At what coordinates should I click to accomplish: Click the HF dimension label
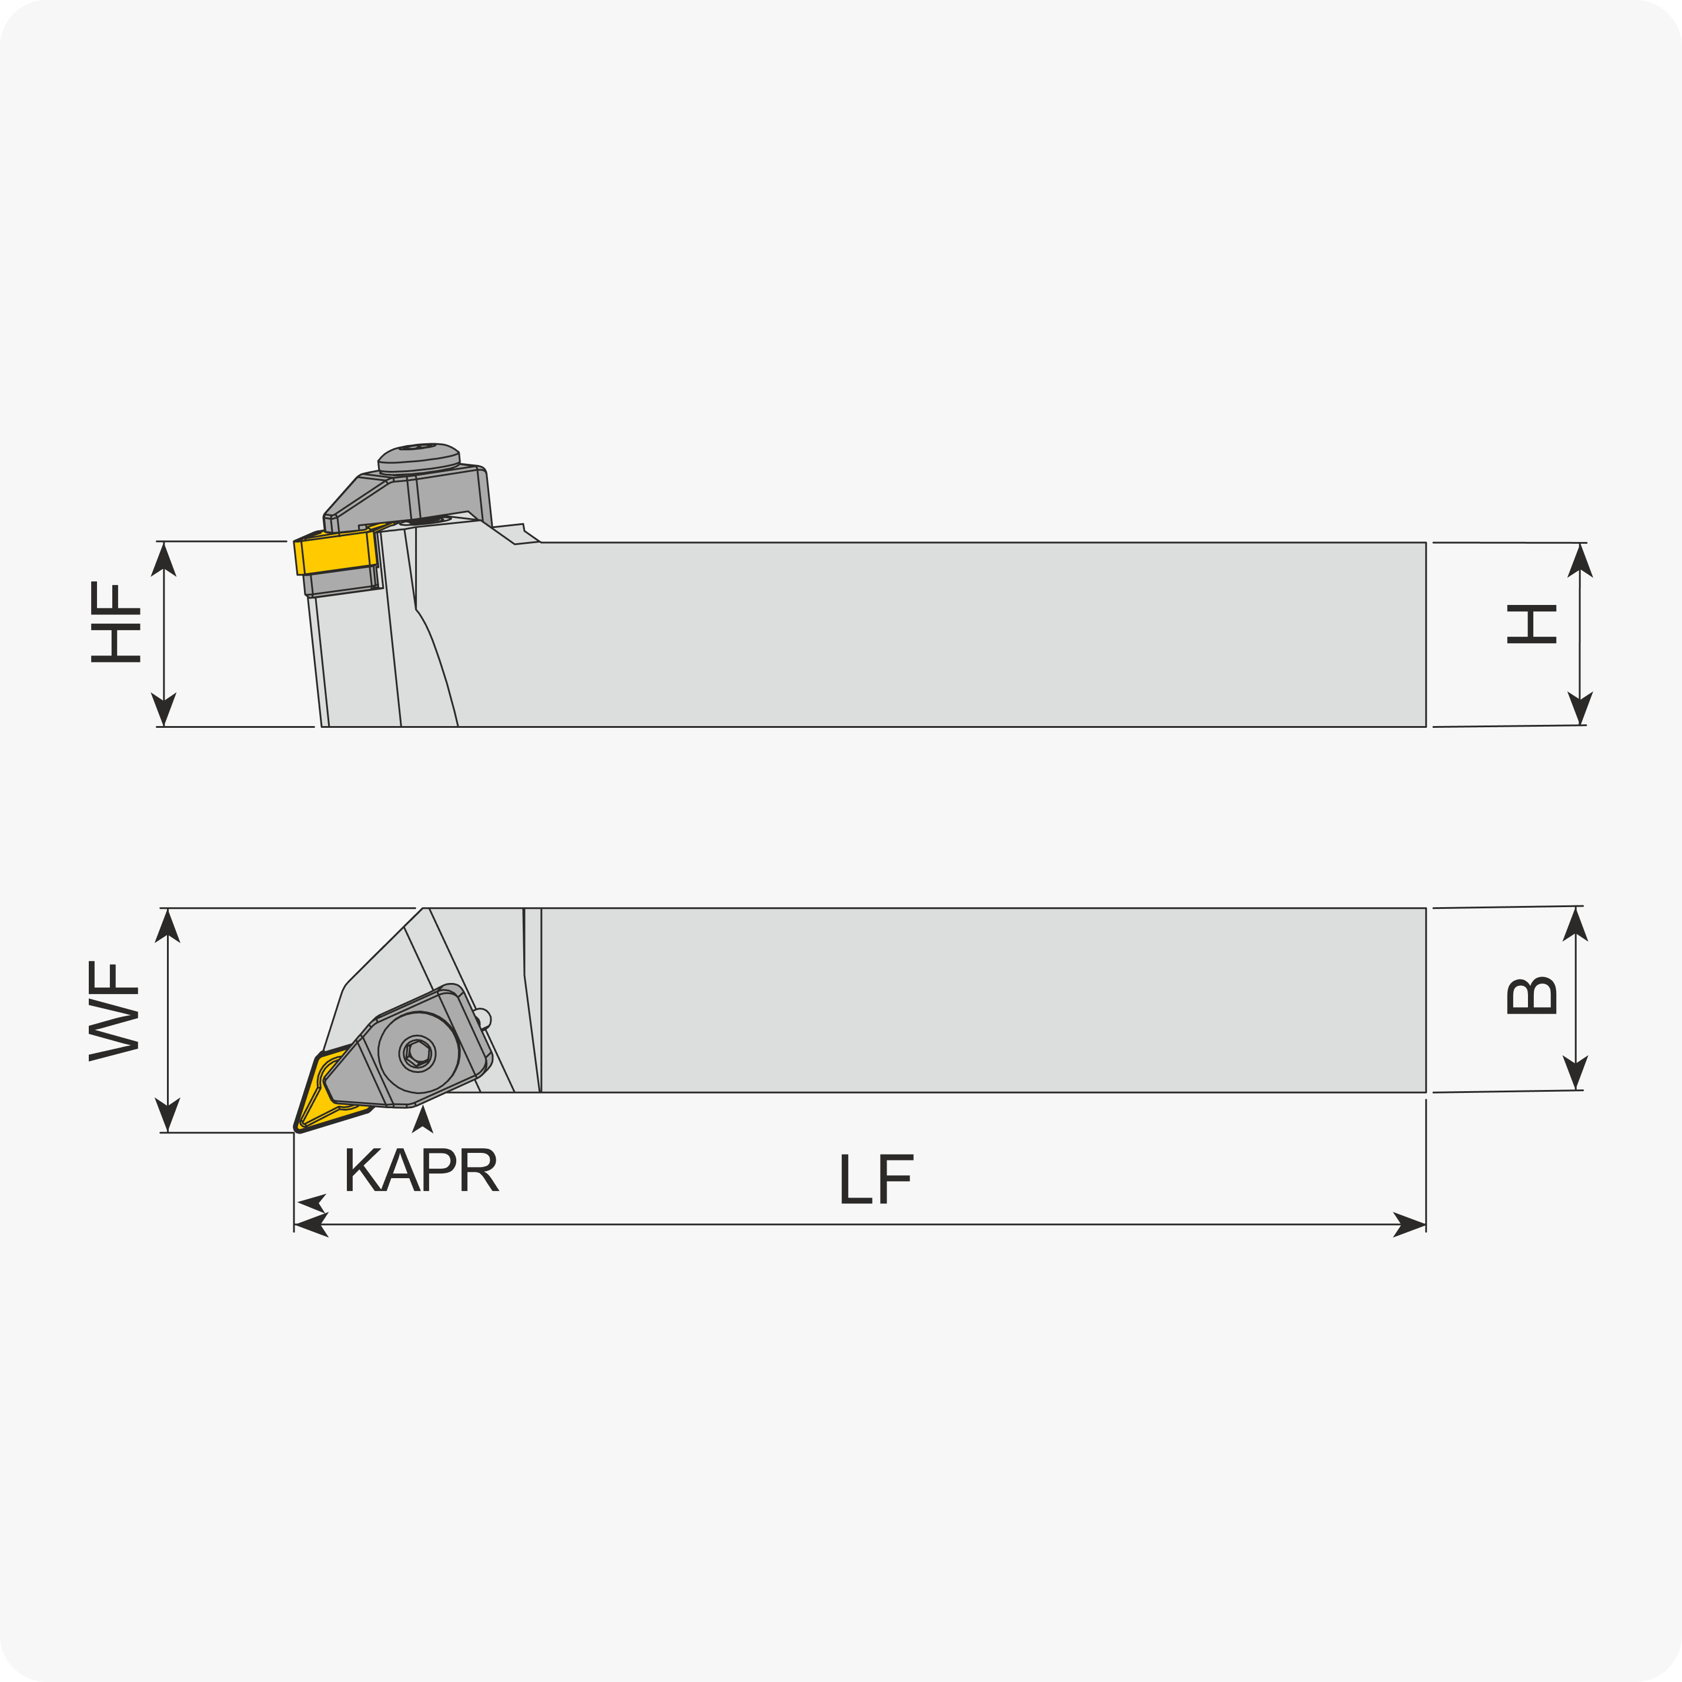[x=115, y=623]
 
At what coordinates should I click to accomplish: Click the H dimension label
[x=1531, y=624]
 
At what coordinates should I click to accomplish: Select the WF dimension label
[x=114, y=1012]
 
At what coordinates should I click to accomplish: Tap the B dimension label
[x=1531, y=996]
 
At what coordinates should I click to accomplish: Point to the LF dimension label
[x=877, y=1179]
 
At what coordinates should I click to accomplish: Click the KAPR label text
[x=422, y=1170]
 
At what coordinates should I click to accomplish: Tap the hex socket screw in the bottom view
[x=418, y=1054]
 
